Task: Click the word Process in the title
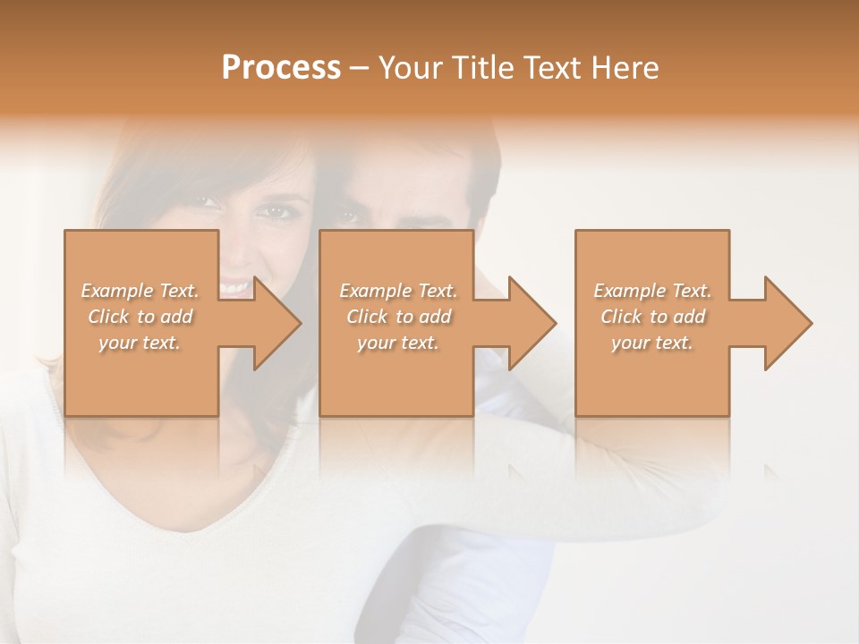[x=281, y=68]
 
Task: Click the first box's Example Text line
[x=140, y=291]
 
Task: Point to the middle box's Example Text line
[x=398, y=291]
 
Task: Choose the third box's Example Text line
[x=652, y=291]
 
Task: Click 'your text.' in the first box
[x=140, y=343]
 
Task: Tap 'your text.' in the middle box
[x=398, y=343]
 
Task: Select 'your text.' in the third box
[x=652, y=343]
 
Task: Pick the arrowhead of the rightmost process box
[x=787, y=323]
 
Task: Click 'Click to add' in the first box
[x=140, y=317]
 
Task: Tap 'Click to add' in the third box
[x=652, y=317]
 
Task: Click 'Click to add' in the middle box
[x=398, y=317]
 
